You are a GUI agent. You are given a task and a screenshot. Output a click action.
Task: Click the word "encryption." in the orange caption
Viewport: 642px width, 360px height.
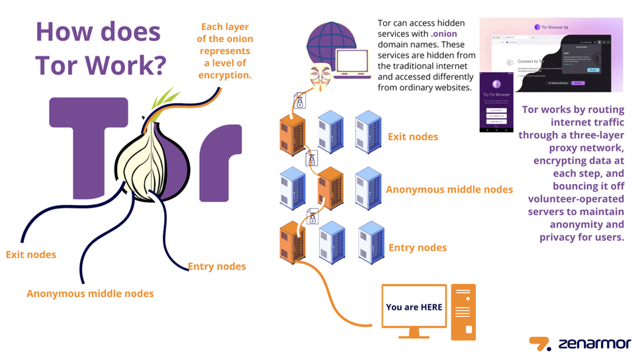pos(225,75)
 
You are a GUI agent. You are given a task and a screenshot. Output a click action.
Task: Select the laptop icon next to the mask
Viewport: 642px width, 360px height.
pos(353,65)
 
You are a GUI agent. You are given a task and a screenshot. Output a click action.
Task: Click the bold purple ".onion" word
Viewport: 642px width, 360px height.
pos(444,34)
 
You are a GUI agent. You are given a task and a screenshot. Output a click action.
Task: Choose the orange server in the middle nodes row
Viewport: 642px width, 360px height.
pos(330,188)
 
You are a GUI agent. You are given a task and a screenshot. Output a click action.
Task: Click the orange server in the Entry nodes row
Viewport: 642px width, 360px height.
pos(292,243)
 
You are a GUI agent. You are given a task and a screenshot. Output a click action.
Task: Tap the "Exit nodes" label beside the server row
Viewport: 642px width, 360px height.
pos(413,137)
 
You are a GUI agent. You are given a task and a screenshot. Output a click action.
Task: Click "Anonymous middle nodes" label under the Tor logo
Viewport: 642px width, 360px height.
pos(90,293)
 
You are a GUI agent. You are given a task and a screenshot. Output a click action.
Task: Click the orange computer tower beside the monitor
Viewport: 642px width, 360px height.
pos(463,311)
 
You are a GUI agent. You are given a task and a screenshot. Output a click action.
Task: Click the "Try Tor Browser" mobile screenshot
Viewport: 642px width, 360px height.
pos(496,103)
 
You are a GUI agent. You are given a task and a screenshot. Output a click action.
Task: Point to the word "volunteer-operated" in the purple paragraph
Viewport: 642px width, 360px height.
pos(575,199)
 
